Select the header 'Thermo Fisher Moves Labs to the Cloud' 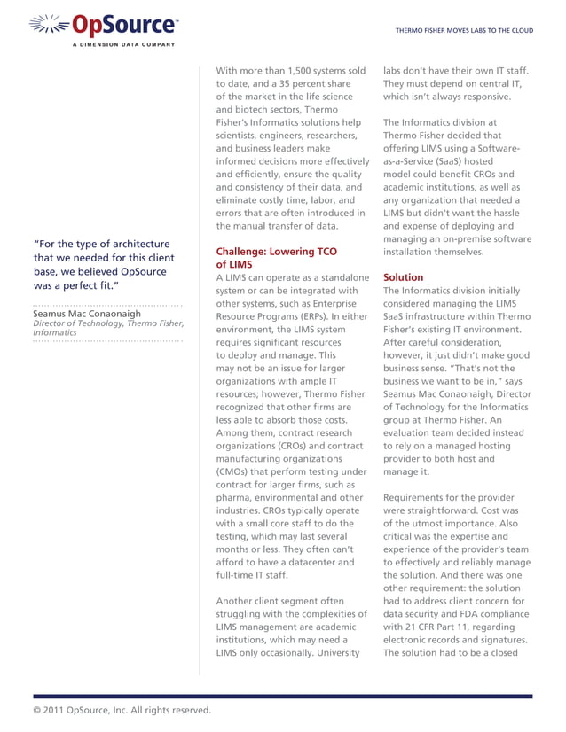click(464, 30)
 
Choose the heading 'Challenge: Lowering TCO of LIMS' click(263, 258)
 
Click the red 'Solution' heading click(404, 277)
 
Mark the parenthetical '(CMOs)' click(235, 471)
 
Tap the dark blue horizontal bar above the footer click(283, 697)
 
